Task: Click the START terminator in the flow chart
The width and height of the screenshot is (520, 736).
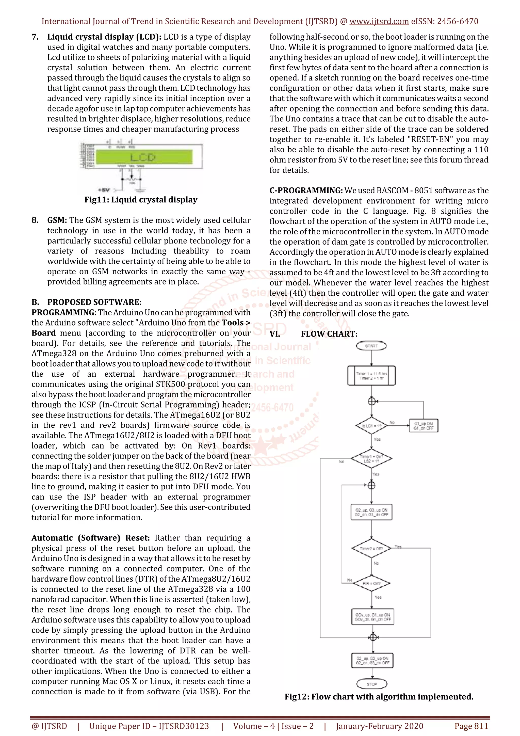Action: (371, 346)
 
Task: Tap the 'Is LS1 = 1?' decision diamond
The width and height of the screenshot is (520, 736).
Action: (371, 426)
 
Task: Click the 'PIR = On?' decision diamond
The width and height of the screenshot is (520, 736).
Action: (371, 583)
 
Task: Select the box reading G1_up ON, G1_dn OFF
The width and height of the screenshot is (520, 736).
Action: (423, 426)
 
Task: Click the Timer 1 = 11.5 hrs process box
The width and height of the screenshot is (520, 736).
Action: (371, 376)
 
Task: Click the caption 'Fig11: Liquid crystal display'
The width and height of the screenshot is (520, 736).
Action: (141, 200)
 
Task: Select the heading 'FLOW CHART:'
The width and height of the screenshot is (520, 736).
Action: (329, 334)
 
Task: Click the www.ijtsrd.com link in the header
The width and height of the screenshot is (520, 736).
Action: (379, 22)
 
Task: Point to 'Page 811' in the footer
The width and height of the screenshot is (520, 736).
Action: (471, 726)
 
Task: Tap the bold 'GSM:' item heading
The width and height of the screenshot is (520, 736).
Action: (57, 220)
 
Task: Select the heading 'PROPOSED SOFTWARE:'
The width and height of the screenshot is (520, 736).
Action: (94, 302)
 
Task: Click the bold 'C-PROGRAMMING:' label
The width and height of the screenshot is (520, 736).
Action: (306, 190)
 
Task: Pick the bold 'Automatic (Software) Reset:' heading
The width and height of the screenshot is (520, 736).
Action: (90, 538)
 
